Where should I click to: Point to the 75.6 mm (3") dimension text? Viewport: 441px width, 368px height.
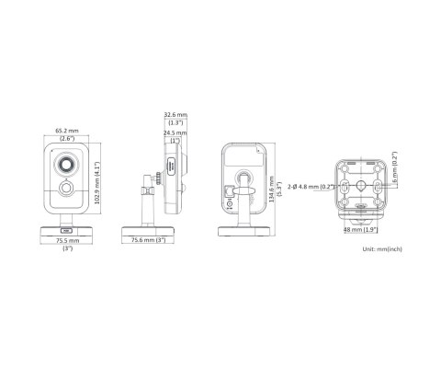point(147,241)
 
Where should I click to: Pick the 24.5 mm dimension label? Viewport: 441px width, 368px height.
point(175,132)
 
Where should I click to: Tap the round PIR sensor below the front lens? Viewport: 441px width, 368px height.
point(67,190)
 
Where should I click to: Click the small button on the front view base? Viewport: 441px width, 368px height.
point(67,231)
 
